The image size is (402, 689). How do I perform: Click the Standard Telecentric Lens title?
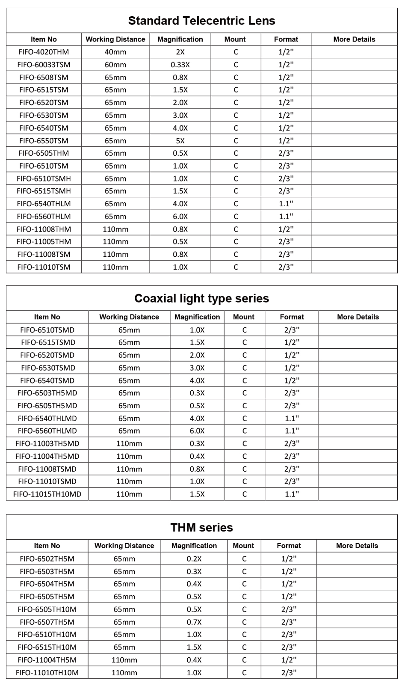[201, 21]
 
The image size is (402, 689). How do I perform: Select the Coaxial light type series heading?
[201, 298]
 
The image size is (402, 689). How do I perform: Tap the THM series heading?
[201, 527]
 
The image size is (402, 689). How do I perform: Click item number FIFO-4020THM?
[44, 52]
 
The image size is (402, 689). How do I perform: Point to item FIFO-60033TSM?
[44, 65]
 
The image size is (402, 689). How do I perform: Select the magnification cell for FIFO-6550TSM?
[180, 141]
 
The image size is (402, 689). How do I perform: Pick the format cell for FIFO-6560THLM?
[286, 217]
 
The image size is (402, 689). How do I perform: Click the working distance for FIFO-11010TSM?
[115, 267]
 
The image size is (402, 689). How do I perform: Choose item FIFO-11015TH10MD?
[47, 494]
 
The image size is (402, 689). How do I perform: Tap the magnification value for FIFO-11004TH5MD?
[197, 456]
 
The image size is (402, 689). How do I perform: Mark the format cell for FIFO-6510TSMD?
[292, 330]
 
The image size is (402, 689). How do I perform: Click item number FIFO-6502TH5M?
[47, 558]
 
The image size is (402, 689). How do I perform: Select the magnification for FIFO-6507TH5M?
[194, 622]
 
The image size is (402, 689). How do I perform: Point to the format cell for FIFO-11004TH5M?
[289, 660]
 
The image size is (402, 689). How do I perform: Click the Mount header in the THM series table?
[243, 546]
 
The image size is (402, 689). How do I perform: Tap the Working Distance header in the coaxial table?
[129, 317]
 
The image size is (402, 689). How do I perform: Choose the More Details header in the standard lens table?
[354, 39]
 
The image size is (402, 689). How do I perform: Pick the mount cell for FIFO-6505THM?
[235, 153]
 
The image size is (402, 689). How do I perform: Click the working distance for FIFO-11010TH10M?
[124, 673]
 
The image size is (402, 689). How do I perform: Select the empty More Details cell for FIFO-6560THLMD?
[358, 431]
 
